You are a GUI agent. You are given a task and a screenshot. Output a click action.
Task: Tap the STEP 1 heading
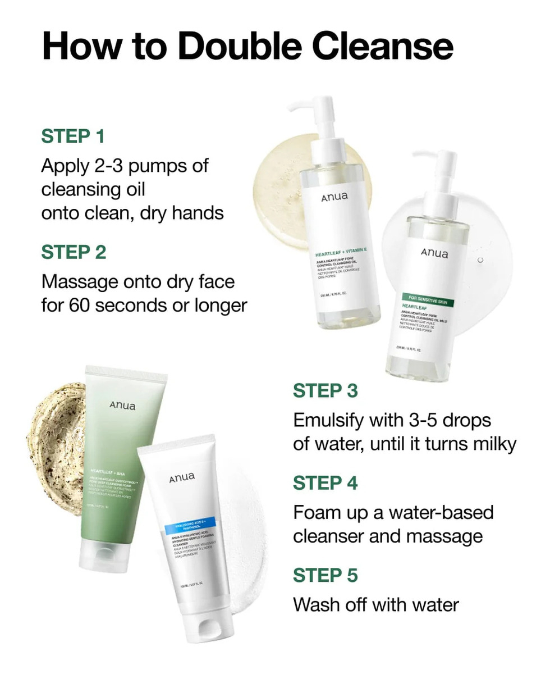(x=73, y=136)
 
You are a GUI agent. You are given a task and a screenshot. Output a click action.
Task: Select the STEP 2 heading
(x=74, y=252)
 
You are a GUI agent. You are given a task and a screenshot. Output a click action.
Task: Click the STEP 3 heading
(x=325, y=391)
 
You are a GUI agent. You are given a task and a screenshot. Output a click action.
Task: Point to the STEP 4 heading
(x=325, y=483)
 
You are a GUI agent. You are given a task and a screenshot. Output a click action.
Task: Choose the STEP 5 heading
(x=325, y=576)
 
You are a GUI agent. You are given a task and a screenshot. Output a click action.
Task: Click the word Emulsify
(x=336, y=420)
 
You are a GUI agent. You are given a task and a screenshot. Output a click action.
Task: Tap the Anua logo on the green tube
(x=122, y=406)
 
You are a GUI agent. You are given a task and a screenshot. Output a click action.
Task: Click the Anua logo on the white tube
(x=182, y=477)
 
